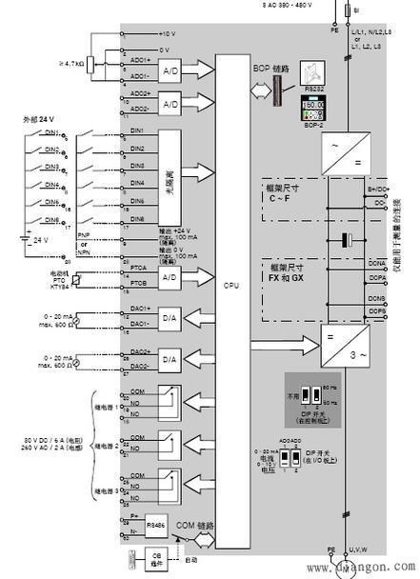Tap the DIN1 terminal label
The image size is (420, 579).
136,130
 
